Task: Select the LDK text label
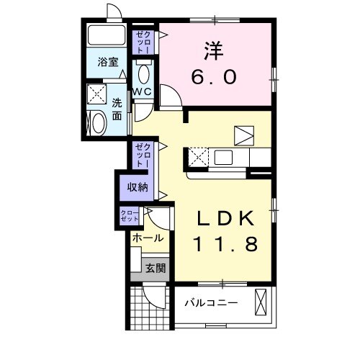click(x=222, y=219)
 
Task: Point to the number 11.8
click(x=224, y=245)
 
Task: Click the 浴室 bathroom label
click(x=108, y=63)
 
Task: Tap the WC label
click(x=142, y=91)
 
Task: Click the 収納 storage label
click(x=138, y=187)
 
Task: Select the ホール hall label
click(x=147, y=238)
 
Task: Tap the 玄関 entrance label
click(x=156, y=269)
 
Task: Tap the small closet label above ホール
click(x=130, y=215)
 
